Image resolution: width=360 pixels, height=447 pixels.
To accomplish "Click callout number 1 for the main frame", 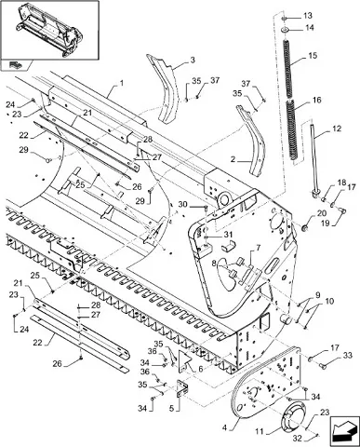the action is [122, 83].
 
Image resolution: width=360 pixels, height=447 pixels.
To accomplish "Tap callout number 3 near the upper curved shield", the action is [193, 60].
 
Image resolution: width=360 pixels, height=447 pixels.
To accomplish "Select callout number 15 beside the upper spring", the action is [313, 56].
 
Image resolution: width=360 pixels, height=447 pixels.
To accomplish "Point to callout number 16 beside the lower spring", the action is [317, 101].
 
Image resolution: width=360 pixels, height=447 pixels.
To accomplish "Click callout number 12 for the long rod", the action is [337, 129].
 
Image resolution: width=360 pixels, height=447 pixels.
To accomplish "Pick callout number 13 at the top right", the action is [308, 15].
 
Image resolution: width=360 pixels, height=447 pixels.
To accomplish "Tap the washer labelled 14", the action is [285, 30].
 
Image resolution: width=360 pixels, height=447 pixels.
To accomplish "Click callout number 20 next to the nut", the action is [322, 213].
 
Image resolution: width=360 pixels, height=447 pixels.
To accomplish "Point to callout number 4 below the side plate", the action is [224, 428].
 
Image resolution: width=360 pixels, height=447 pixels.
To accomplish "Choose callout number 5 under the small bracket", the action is [171, 408].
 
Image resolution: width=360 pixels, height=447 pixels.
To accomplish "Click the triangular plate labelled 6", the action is [185, 361].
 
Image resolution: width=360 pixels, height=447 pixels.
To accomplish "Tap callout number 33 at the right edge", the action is [348, 355].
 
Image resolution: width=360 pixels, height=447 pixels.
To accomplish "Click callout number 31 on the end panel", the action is [228, 235].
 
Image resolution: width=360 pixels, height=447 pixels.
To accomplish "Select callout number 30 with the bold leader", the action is [183, 204].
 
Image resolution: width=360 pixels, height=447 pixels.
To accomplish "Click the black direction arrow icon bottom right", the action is [343, 429].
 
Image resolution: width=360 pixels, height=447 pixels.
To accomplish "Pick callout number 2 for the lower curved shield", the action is [233, 160].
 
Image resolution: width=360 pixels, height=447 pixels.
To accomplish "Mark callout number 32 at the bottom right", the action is [298, 439].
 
